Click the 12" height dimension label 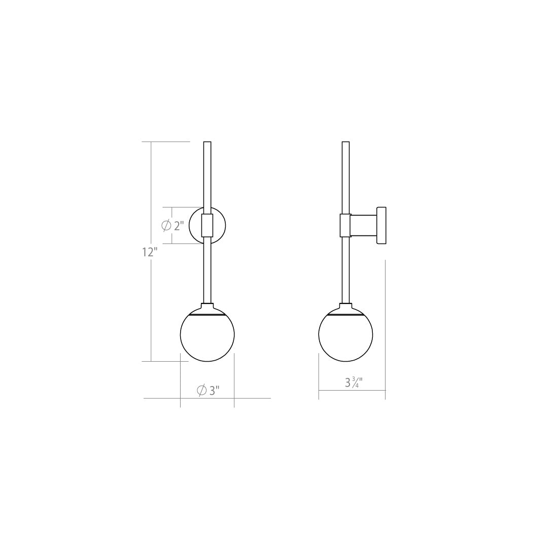150,252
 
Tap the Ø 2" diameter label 172,226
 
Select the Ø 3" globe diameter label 208,391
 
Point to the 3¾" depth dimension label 354,382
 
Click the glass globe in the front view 207,335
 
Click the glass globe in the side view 345,335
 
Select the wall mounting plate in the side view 381,225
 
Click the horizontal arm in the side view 364,226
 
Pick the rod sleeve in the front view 207,226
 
